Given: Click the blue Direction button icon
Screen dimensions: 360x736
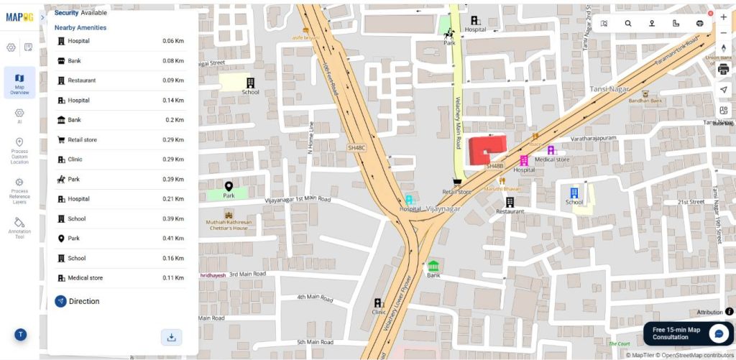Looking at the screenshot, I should point(60,302).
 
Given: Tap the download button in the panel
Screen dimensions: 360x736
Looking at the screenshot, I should point(171,337).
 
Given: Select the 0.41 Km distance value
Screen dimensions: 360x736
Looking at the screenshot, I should point(172,239).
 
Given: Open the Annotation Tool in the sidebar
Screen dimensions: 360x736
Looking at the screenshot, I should point(19,227).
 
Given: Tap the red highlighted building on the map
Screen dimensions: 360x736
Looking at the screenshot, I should point(486,149).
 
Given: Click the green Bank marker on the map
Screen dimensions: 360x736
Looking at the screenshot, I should point(433,266).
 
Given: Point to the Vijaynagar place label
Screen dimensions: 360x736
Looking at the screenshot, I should point(442,208).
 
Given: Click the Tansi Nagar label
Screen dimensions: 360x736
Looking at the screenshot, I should point(609,89).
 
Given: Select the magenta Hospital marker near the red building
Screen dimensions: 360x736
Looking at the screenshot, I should point(524,160).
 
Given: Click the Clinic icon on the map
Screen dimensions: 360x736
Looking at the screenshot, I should point(378,303).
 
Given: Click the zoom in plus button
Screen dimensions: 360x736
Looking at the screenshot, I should point(723,17).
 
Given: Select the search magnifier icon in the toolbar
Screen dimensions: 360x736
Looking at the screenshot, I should point(627,24).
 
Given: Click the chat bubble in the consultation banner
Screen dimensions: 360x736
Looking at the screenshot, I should point(718,334).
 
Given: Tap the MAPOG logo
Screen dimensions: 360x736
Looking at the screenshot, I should point(19,17).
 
